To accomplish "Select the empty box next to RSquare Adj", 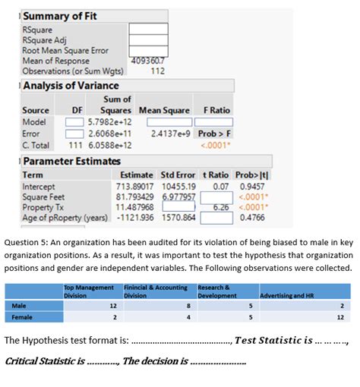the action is (147, 40).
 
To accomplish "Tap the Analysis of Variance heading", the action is (71, 86).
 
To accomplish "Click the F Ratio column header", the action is (213, 110).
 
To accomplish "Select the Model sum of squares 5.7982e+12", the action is (110, 121).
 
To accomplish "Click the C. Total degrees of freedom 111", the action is (75, 144).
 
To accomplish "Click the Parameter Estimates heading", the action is (71, 161).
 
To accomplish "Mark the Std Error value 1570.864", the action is (178, 217).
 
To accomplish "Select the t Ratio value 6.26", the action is (220, 206).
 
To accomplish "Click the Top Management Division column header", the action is (89, 291).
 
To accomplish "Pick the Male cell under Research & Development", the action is (227, 305).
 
